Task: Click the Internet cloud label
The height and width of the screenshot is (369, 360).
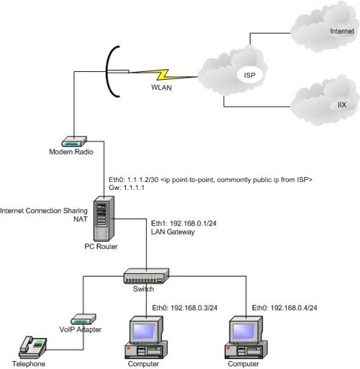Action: [342, 31]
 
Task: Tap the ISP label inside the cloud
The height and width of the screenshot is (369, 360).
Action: [250, 76]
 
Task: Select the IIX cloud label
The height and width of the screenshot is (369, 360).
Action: [342, 105]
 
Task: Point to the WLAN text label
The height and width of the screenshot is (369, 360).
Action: [161, 88]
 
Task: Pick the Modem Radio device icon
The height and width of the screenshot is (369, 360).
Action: [74, 141]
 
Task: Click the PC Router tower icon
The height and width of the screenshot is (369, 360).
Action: [104, 219]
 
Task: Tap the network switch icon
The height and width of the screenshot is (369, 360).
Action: [146, 276]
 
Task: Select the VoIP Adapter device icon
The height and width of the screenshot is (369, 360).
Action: [84, 319]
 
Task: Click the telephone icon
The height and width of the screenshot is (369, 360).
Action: [32, 347]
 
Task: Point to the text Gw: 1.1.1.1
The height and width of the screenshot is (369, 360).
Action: [127, 188]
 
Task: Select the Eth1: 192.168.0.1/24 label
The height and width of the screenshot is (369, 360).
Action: [184, 224]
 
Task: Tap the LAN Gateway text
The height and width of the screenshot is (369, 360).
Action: [173, 232]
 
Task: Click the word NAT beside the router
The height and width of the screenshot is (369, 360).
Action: [81, 219]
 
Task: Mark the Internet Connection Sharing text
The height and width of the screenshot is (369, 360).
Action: [44, 211]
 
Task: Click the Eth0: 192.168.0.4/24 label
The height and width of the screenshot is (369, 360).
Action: [284, 308]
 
